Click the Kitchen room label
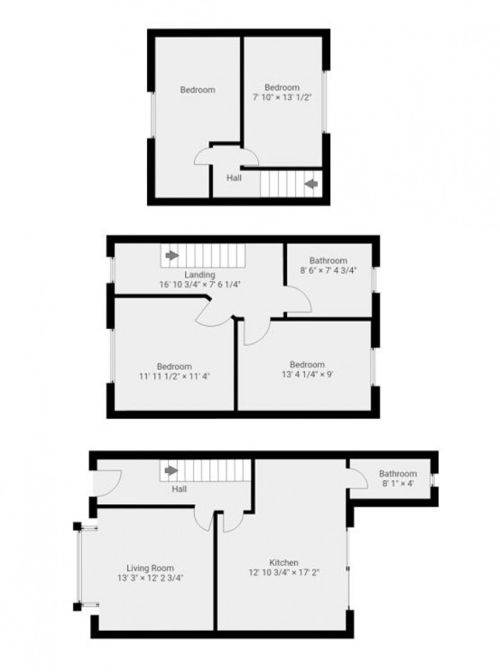click(284, 563)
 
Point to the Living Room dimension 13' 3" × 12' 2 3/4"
click(150, 579)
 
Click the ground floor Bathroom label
click(397, 474)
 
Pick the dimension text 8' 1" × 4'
click(397, 484)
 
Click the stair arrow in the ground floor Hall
click(171, 471)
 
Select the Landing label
click(199, 275)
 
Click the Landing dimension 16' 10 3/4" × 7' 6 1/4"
click(199, 284)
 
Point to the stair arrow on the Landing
click(171, 255)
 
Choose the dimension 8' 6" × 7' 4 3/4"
click(328, 270)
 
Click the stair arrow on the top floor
click(311, 184)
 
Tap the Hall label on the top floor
click(234, 178)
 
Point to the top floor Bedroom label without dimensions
click(197, 90)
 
